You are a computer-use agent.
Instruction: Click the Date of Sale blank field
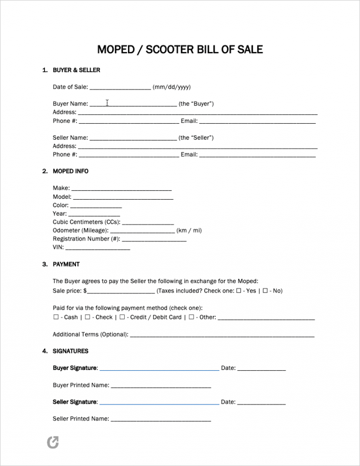[x=120, y=88]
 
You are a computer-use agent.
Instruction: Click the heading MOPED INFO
[x=70, y=171]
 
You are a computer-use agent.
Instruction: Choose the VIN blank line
[x=97, y=248]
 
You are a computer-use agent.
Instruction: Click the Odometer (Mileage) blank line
[x=142, y=231]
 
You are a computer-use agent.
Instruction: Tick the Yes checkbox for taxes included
[x=239, y=291]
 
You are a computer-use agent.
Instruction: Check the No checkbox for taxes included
[x=265, y=291]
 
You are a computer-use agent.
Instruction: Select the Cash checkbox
[x=56, y=317]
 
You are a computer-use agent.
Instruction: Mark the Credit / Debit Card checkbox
[x=122, y=317]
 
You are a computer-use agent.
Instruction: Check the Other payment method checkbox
[x=191, y=317]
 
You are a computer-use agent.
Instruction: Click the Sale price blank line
[x=120, y=291]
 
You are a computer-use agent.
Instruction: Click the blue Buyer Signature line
[x=159, y=369]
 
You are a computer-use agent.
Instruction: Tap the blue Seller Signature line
[x=159, y=403]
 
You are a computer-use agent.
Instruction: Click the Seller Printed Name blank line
[x=160, y=419]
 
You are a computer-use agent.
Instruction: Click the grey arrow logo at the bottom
[x=53, y=442]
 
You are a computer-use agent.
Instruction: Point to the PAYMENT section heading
[x=66, y=264]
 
